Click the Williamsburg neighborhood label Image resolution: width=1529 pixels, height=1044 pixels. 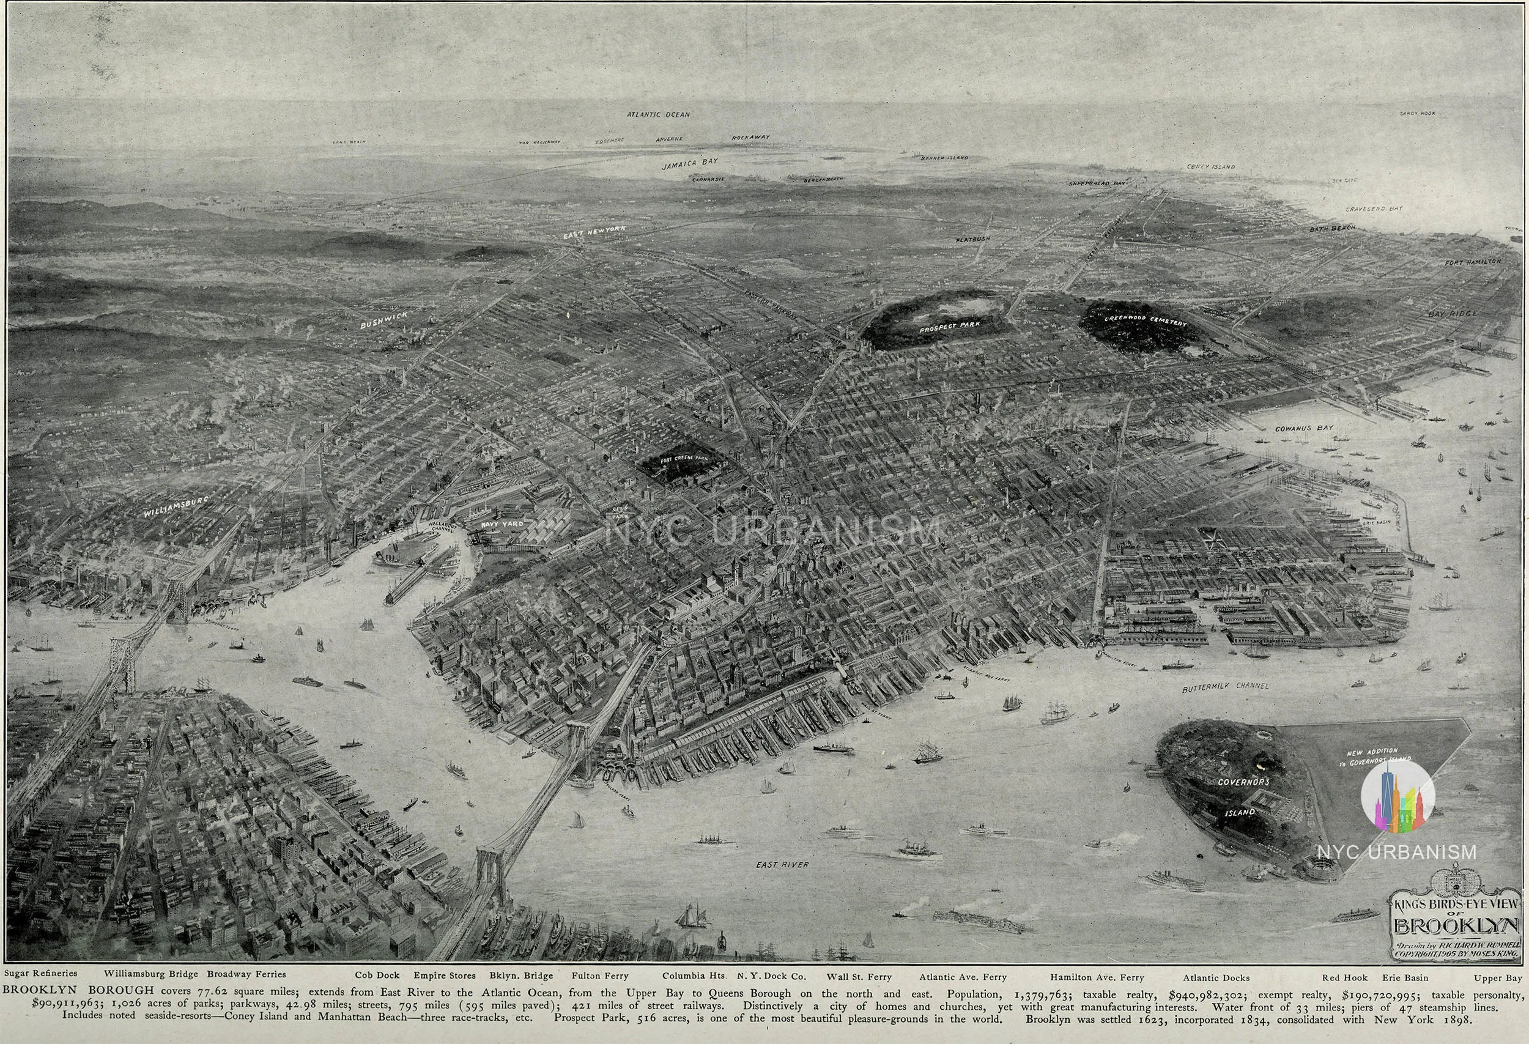(x=176, y=508)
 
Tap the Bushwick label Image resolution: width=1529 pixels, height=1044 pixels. (x=383, y=320)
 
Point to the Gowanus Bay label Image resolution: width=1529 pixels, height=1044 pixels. (x=1304, y=428)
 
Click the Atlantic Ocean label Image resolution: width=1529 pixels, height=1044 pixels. (x=658, y=114)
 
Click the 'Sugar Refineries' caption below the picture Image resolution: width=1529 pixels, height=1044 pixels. (x=40, y=973)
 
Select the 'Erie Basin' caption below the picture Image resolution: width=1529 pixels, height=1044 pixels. (x=1406, y=977)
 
